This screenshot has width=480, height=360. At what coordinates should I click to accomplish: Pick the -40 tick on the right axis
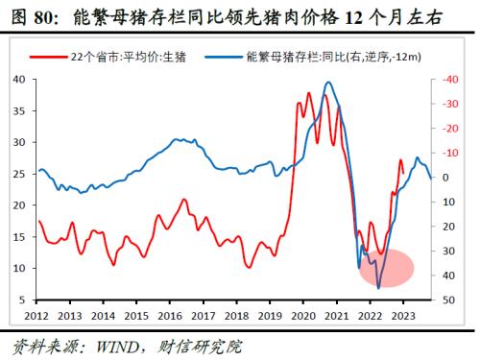444,80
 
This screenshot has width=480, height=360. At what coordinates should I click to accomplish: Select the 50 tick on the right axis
442,300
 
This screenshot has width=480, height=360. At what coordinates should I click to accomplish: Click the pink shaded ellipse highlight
386,266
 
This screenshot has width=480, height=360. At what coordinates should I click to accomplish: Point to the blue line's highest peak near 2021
329,83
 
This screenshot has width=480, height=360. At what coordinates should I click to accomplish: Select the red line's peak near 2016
183,200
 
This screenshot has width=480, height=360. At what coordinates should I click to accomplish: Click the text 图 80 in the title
28,17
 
